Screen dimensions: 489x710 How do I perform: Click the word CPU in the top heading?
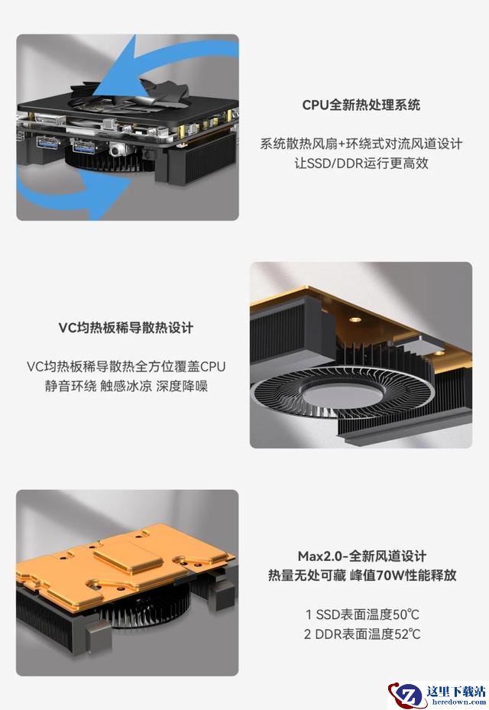point(315,105)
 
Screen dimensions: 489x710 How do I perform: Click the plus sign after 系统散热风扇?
point(341,144)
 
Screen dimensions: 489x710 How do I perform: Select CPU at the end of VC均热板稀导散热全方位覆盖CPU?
point(213,366)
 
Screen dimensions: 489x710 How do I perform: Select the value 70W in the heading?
point(390,575)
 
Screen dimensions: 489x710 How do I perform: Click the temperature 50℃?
point(406,615)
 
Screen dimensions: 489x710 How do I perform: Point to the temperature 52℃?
point(407,634)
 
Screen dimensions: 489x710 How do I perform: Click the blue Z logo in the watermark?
point(408,695)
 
